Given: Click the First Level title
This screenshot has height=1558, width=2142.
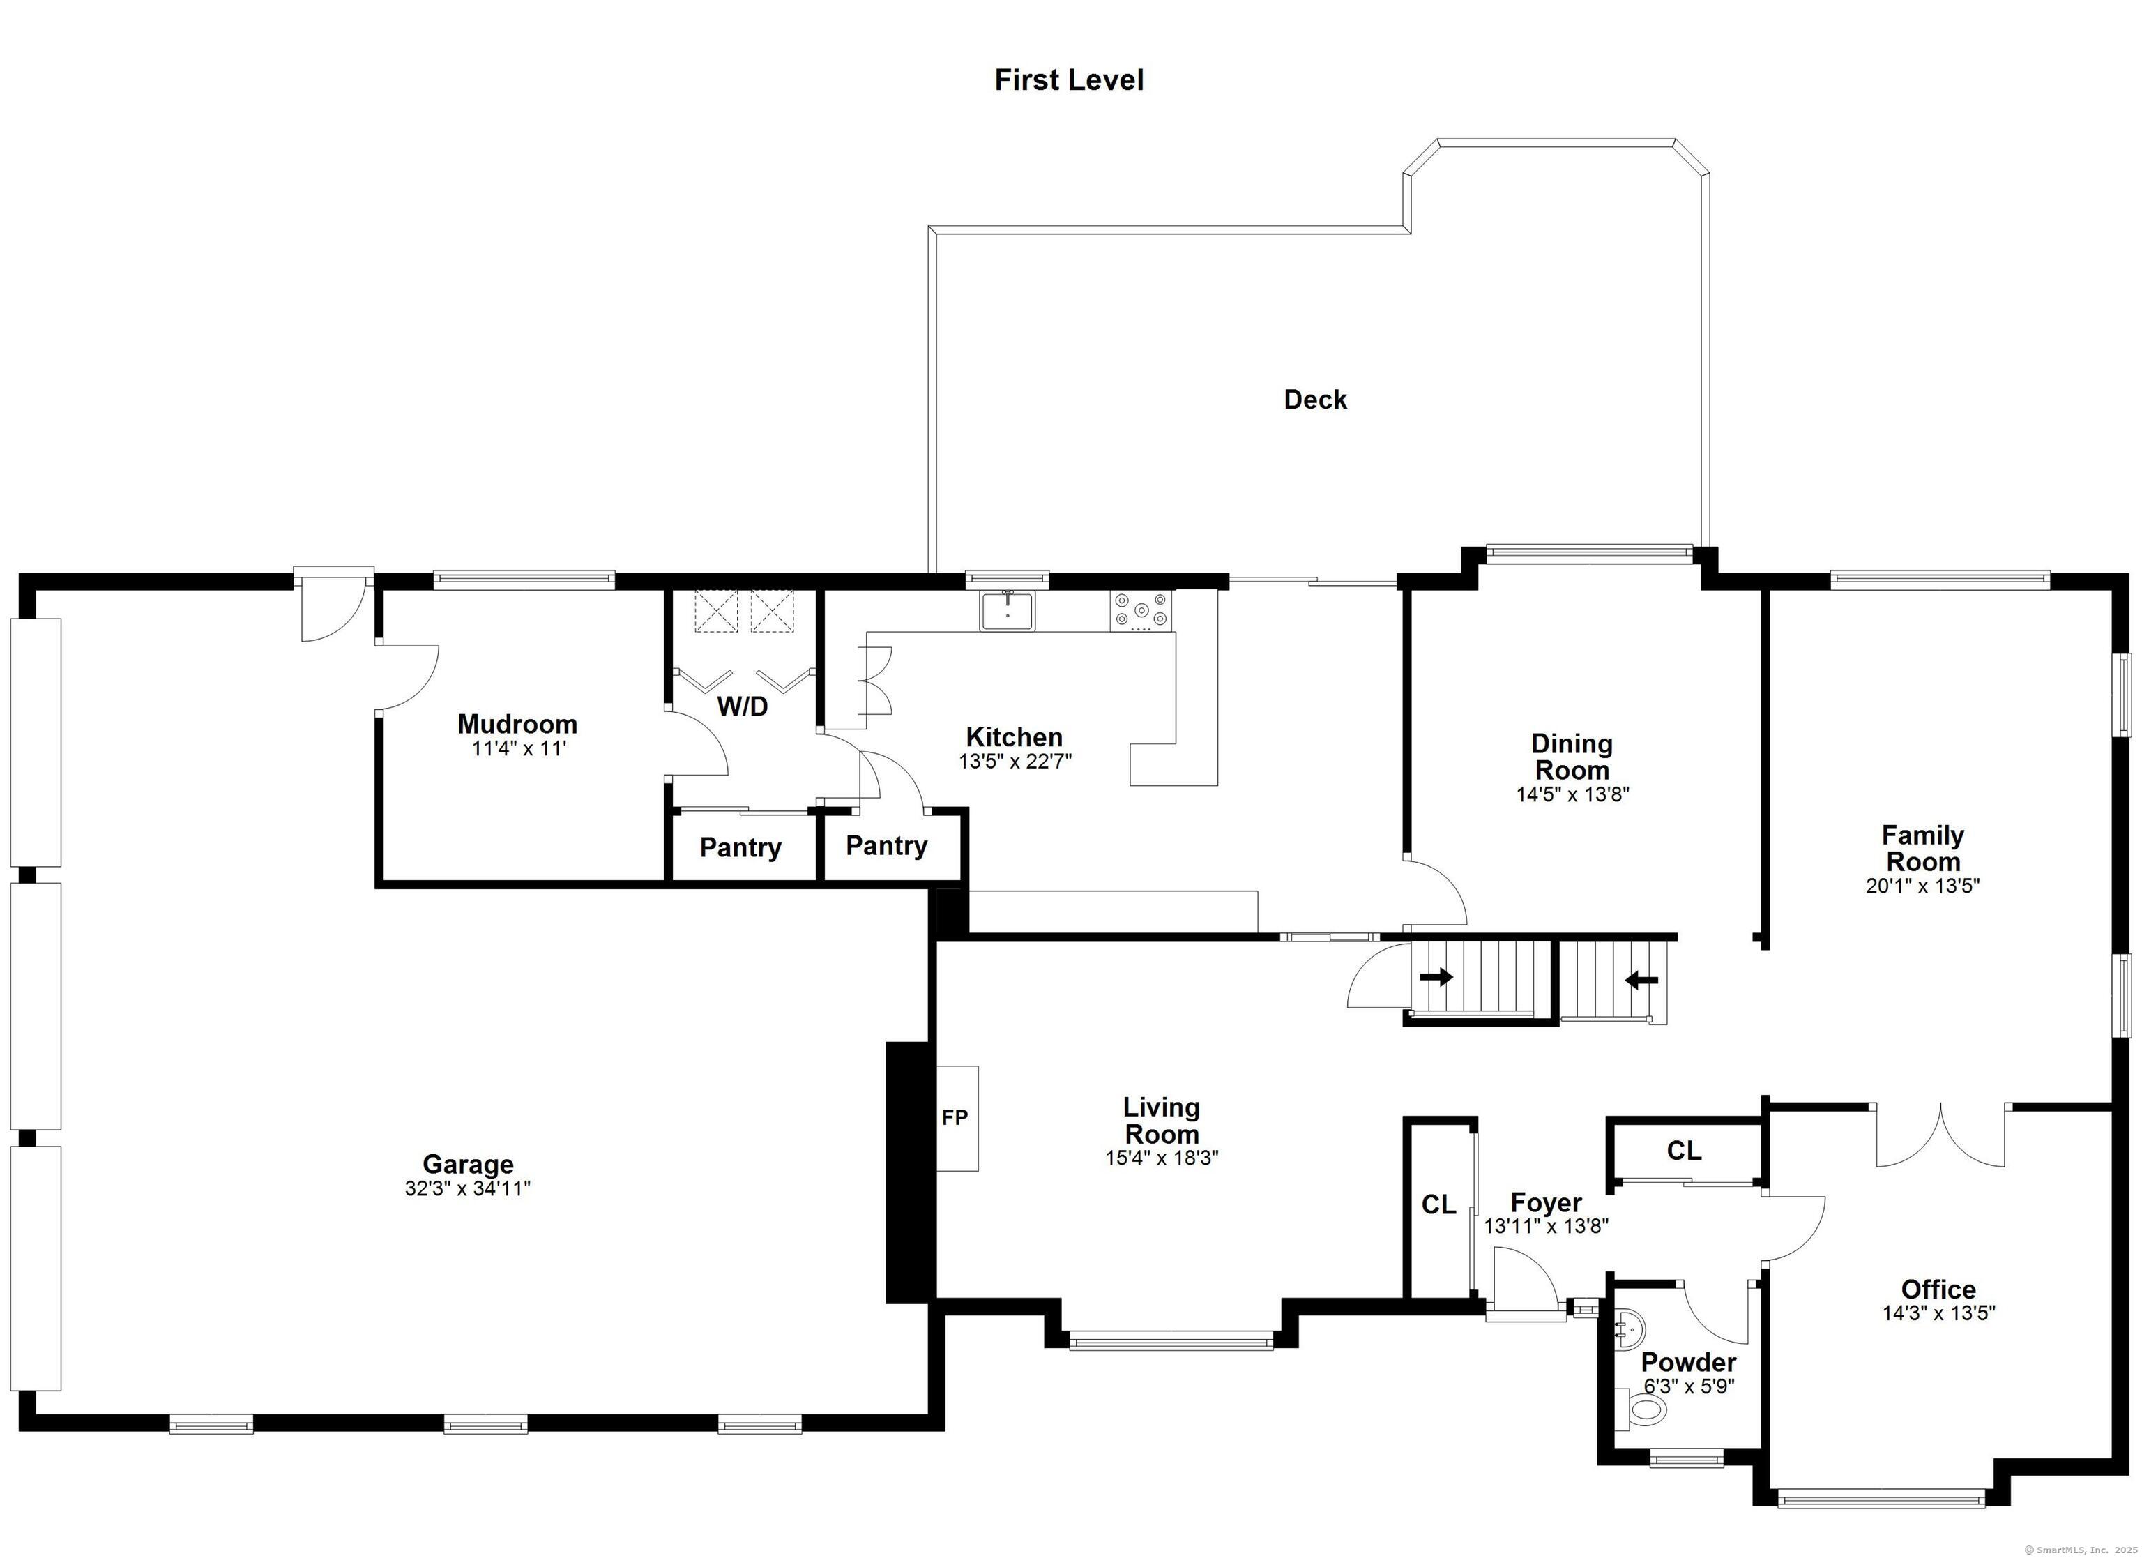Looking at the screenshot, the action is [x=1068, y=80].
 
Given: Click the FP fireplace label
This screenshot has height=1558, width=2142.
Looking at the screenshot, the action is [x=955, y=1118].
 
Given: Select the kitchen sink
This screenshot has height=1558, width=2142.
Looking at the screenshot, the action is [x=1008, y=610].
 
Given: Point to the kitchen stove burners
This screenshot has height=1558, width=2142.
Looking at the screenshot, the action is [x=1141, y=610].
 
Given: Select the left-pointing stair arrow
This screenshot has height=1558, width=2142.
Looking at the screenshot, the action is [x=1641, y=981].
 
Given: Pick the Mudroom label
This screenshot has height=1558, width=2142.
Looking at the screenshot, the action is [x=517, y=725].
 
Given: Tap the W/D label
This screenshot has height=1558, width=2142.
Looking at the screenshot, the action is [x=743, y=706].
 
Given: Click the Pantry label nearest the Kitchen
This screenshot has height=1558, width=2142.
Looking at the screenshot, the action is [x=886, y=846].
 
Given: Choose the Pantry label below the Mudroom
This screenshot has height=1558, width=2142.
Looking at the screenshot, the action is [x=740, y=847].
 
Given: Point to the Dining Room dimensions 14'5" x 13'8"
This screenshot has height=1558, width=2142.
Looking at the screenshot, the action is [x=1572, y=794].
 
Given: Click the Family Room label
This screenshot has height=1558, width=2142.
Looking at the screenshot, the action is [x=1923, y=849].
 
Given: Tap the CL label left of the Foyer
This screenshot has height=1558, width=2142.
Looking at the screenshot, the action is [x=1438, y=1204].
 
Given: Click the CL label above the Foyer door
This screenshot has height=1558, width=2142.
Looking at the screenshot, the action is [x=1684, y=1151].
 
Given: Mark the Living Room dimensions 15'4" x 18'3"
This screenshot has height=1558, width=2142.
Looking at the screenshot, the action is [x=1162, y=1158].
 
